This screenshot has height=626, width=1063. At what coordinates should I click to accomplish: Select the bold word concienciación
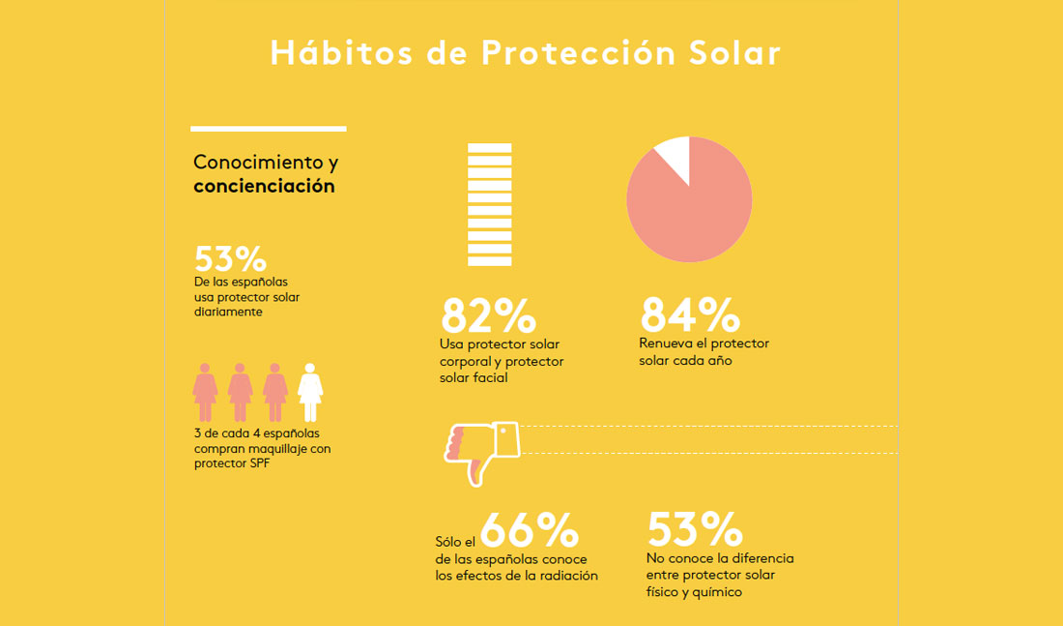coord(264,186)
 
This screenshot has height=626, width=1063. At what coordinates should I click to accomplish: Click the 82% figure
coord(488,316)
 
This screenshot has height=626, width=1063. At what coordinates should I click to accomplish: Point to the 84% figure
coord(689,314)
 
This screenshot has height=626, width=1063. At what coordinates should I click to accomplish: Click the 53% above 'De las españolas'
coord(230,259)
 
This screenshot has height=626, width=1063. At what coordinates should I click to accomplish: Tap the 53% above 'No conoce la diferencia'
coord(694,529)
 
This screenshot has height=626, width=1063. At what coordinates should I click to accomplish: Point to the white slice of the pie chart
coord(675,157)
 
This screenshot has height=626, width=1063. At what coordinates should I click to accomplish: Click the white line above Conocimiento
coord(268,128)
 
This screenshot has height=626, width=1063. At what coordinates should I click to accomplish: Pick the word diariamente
coord(228,313)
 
